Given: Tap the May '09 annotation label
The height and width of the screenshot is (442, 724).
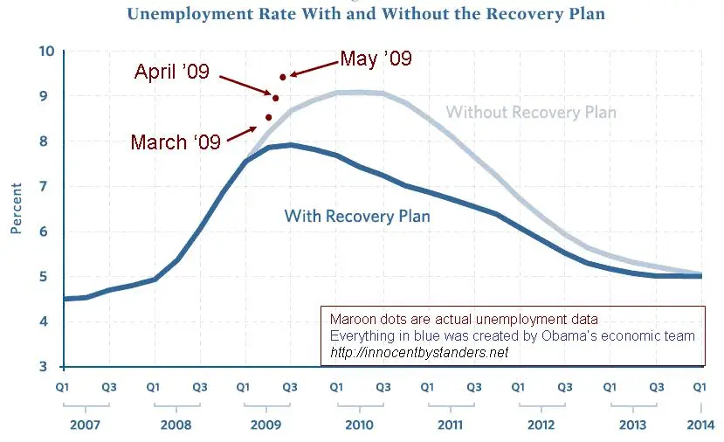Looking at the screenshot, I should pyautogui.click(x=376, y=59).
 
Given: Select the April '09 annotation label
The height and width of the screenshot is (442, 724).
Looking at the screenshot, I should pyautogui.click(x=172, y=72).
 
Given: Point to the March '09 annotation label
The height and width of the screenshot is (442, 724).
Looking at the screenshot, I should pyautogui.click(x=176, y=142).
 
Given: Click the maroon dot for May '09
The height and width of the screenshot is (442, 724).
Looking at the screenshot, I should pyautogui.click(x=283, y=77).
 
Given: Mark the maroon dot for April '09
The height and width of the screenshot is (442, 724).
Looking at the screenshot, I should pyautogui.click(x=275, y=98).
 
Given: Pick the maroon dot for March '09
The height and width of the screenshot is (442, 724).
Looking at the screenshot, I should pyautogui.click(x=269, y=117).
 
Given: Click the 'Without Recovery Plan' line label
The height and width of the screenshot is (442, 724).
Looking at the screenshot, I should pyautogui.click(x=531, y=113).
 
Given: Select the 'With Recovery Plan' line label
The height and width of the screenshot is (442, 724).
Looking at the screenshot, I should pyautogui.click(x=357, y=215).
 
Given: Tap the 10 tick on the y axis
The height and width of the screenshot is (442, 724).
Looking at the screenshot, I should pyautogui.click(x=46, y=52).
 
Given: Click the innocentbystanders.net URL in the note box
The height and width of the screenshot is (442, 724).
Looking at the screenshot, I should pyautogui.click(x=419, y=352).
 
